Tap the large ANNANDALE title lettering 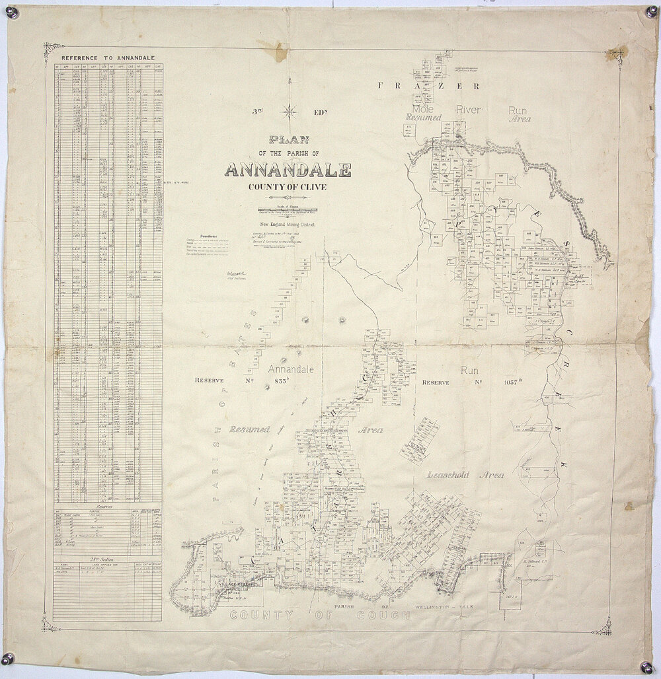[x=288, y=170]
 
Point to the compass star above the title [x=289, y=111]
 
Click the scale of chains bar [x=288, y=210]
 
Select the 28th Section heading [x=106, y=559]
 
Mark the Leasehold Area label [x=465, y=474]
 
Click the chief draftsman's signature [x=236, y=273]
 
